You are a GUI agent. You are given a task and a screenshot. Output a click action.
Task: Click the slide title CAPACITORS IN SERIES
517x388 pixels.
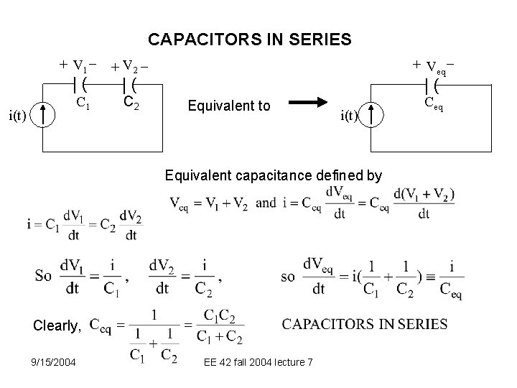[x=249, y=38]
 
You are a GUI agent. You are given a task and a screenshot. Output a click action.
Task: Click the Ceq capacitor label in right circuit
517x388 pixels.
[x=434, y=106]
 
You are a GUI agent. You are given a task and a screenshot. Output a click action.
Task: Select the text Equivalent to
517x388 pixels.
[x=228, y=106]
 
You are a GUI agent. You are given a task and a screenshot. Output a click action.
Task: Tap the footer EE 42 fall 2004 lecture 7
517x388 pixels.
[x=258, y=361]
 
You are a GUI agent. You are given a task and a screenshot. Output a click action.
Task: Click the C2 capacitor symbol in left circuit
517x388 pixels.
[x=131, y=86]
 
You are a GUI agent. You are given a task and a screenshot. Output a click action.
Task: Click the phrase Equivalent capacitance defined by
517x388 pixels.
[x=274, y=175]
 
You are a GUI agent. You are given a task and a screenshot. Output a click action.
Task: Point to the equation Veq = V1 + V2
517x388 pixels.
[x=208, y=203]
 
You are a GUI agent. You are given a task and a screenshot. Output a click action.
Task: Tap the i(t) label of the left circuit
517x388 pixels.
[x=18, y=114]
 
